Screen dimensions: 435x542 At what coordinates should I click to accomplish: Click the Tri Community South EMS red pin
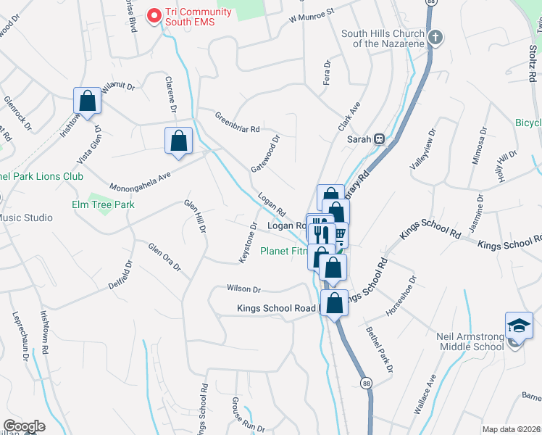154,15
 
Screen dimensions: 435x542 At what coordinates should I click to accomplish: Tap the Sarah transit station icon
378,139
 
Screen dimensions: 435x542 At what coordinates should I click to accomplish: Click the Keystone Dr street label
248,242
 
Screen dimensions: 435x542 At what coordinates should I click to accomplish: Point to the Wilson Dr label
243,289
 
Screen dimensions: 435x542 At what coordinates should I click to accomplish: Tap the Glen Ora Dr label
164,257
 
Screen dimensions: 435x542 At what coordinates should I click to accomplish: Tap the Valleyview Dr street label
422,149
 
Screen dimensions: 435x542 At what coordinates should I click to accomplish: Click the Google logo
24,426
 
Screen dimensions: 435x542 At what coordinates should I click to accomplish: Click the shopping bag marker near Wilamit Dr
87,101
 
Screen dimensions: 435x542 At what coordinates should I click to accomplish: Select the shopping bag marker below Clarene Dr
178,141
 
